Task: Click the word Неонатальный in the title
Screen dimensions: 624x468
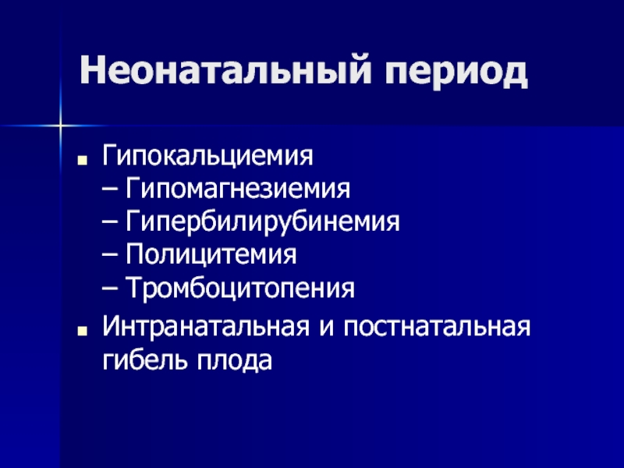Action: (225, 70)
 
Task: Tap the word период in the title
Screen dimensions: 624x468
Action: (456, 73)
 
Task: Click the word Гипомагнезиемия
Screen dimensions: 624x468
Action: (238, 189)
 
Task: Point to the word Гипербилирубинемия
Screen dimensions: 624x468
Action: (263, 222)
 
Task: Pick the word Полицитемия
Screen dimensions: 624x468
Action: (211, 255)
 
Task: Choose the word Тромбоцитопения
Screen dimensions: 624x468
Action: (240, 288)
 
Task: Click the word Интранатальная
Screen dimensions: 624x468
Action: (206, 327)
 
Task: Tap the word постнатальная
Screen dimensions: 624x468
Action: (437, 328)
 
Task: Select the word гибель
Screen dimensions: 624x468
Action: (145, 360)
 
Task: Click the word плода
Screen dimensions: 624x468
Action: (234, 361)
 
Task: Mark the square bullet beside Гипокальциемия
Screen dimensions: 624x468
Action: (83, 161)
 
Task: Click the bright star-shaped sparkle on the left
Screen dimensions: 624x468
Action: (61, 126)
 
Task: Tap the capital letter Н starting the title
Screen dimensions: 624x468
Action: (93, 71)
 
